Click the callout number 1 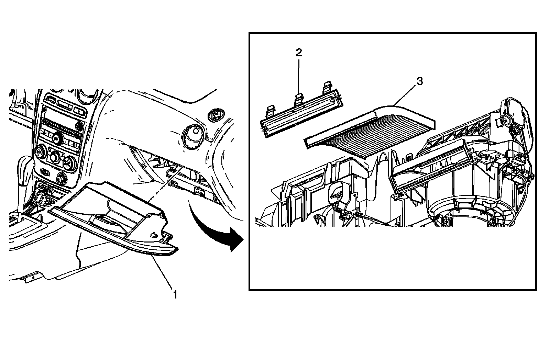tap(175, 294)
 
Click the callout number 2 tap(299, 53)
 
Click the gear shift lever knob tap(25, 165)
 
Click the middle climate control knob tap(55, 158)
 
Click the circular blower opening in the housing tap(457, 210)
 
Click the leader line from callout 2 tap(299, 76)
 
